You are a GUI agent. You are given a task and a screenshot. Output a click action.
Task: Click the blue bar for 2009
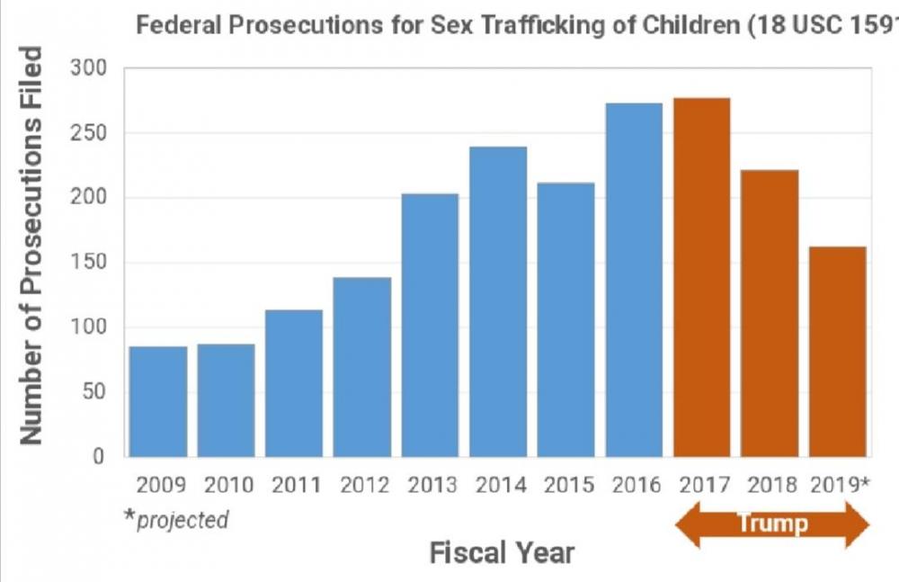[x=158, y=401]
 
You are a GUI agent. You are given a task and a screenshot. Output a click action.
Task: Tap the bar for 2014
[x=498, y=301]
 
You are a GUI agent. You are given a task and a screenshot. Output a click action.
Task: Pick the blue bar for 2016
[x=634, y=280]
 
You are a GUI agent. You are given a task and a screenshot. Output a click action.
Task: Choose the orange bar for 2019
[x=838, y=351]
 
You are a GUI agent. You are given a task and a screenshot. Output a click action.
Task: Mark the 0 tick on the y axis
[x=101, y=456]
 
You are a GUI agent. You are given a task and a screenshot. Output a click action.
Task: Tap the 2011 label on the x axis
[x=297, y=486]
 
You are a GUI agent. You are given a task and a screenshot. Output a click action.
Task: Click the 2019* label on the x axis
[x=841, y=486]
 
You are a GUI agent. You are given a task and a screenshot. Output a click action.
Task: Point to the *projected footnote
[x=179, y=520]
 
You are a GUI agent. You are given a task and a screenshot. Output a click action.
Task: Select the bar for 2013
[x=430, y=325]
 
